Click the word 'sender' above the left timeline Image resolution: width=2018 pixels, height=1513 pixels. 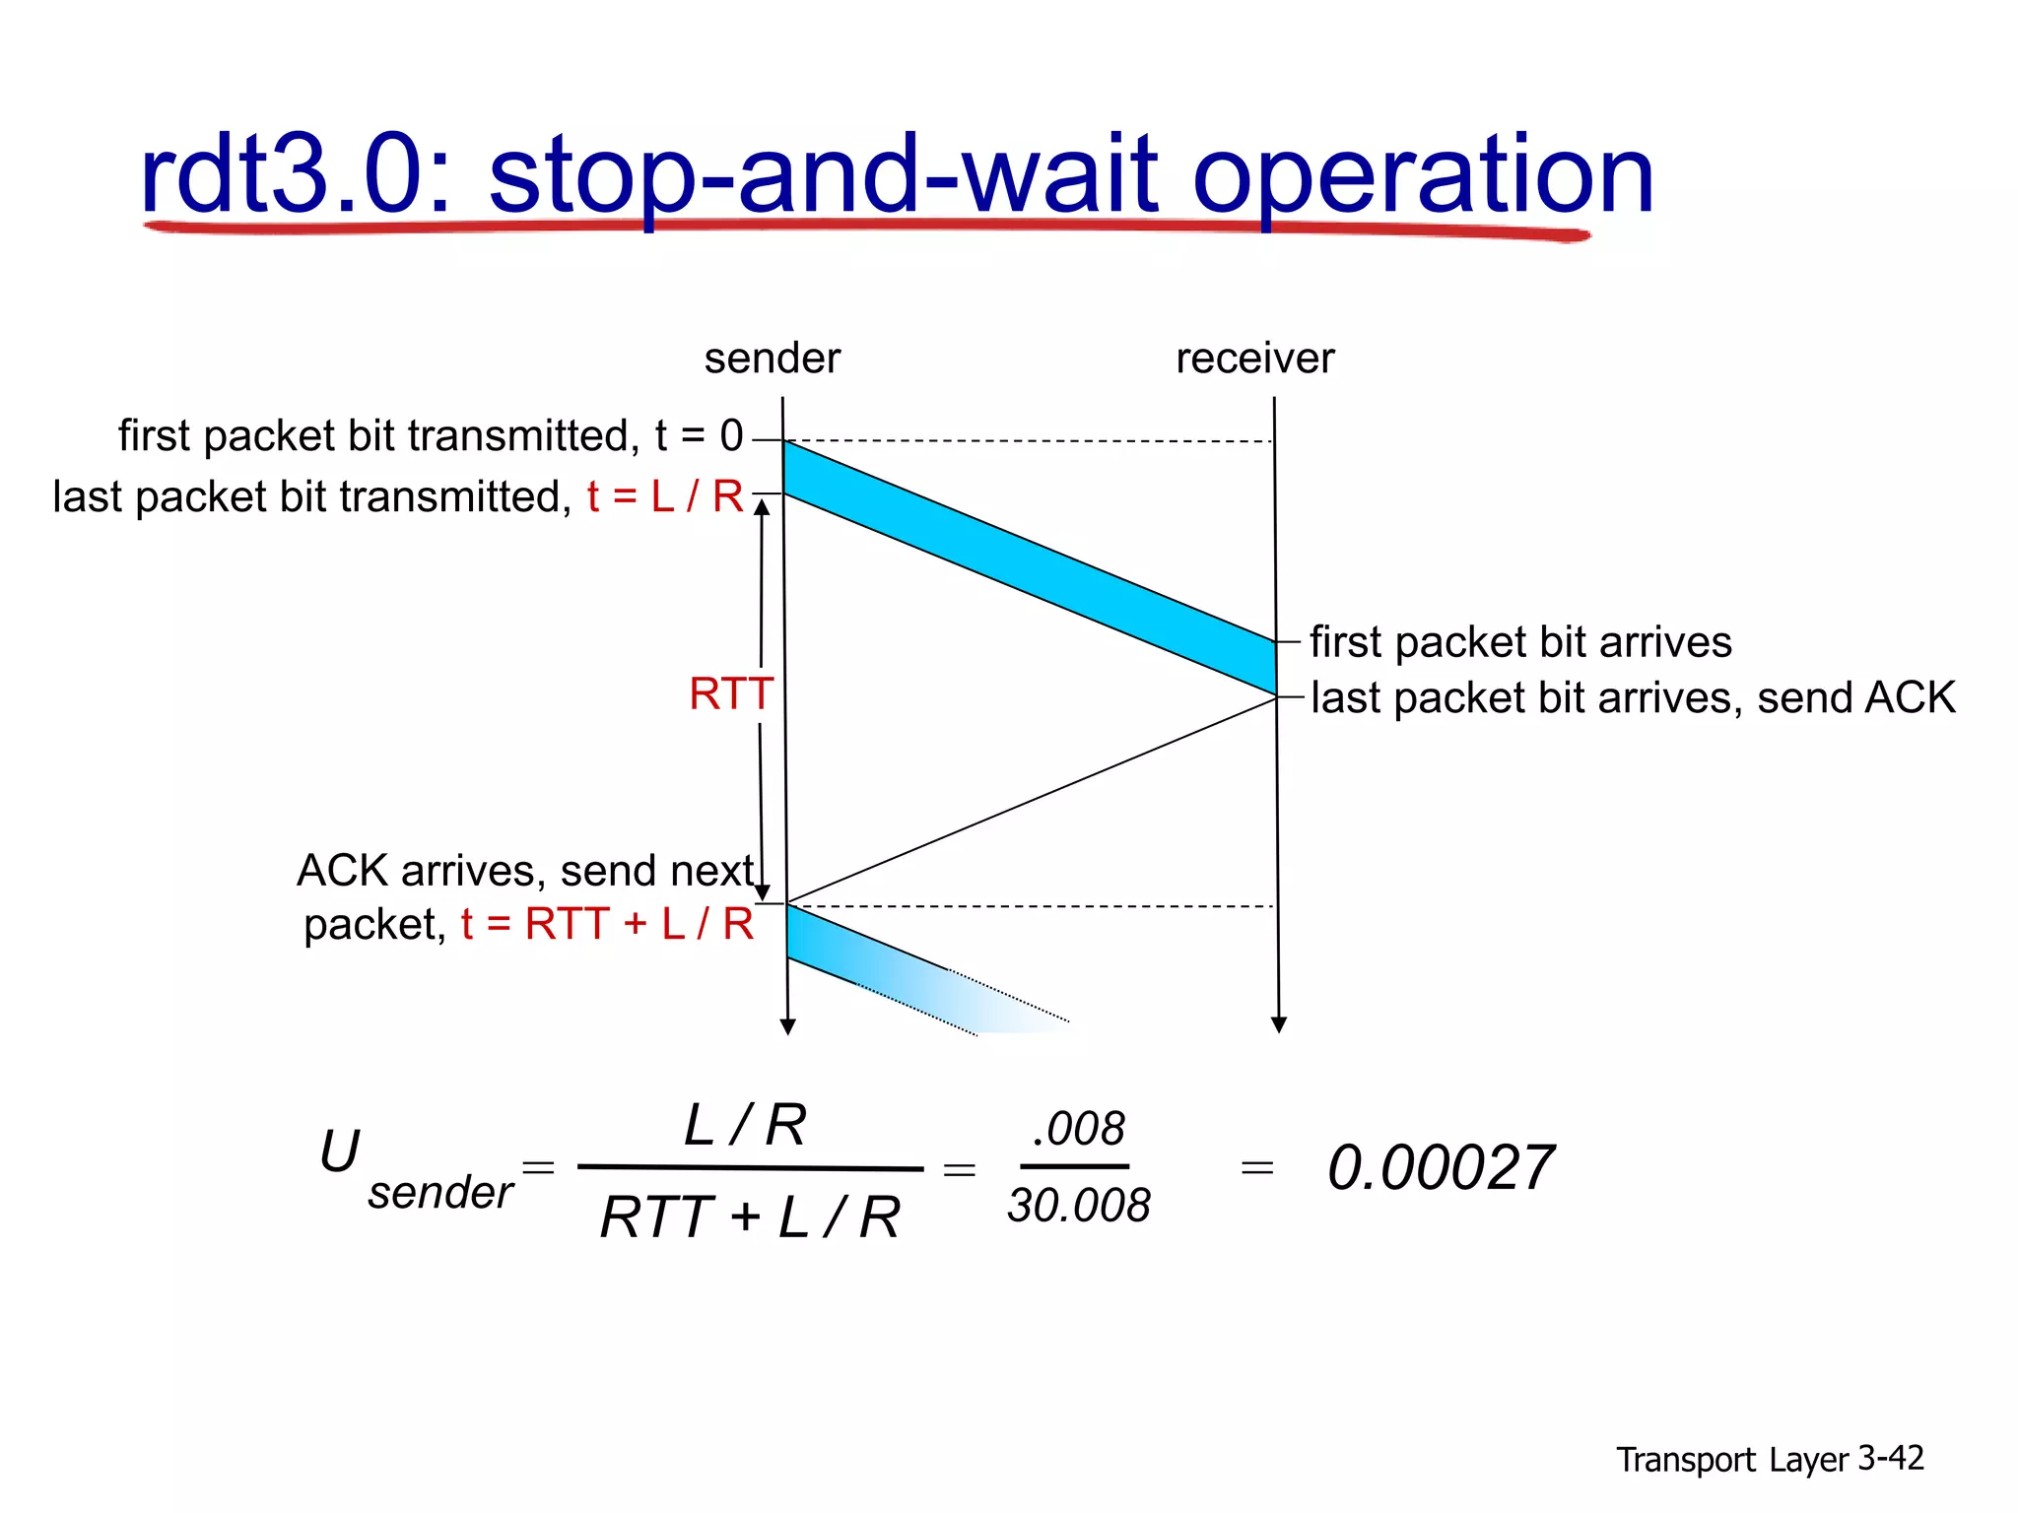click(772, 359)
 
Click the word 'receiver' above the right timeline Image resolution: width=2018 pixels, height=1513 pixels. click(1254, 359)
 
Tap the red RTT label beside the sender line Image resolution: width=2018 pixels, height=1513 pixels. click(730, 693)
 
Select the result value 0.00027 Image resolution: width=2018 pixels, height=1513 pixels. click(1440, 1168)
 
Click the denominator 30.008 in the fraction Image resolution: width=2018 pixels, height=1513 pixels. click(1079, 1206)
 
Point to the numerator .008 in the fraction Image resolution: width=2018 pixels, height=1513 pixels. click(1078, 1129)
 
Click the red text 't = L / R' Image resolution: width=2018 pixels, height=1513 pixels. click(665, 496)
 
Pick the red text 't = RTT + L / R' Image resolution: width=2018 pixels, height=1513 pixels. click(607, 924)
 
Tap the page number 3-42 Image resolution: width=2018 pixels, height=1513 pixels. click(1890, 1458)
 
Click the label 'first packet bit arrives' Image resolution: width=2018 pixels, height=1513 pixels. click(1520, 642)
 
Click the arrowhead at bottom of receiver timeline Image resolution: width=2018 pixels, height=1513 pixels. click(1279, 1025)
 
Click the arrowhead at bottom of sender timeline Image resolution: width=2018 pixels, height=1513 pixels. click(787, 1027)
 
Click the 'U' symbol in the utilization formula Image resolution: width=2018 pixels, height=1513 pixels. click(340, 1151)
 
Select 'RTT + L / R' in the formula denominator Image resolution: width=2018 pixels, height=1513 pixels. click(750, 1217)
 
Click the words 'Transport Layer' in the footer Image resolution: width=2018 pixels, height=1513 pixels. click(1732, 1460)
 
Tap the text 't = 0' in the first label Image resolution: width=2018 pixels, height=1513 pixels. click(699, 435)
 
